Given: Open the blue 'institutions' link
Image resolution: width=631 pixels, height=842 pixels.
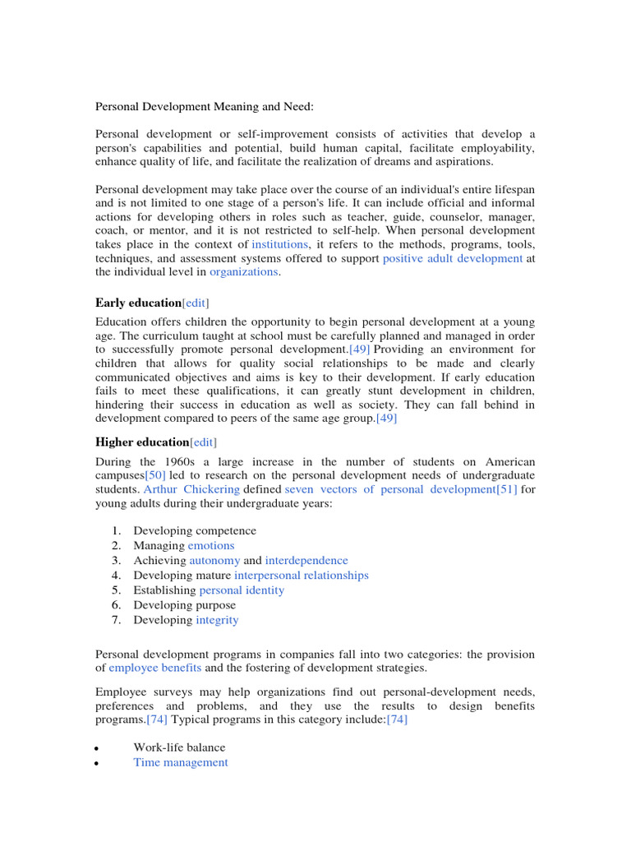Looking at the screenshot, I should coord(279,245).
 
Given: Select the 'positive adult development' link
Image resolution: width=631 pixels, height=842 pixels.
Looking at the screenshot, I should coord(453,258).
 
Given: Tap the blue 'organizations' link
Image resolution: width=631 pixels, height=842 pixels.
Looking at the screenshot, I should coord(244,271).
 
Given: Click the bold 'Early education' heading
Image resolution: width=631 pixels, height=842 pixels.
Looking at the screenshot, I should coord(138,303).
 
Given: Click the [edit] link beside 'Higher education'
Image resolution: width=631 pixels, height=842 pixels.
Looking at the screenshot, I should coord(205,442).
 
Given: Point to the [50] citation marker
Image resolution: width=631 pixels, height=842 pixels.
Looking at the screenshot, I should coord(155,475).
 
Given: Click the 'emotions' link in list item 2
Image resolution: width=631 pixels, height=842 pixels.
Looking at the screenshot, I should coord(211,546).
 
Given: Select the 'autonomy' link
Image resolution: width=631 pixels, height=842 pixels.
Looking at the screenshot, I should coord(214,561).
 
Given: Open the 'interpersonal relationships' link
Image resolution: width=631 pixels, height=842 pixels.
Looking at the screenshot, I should coord(302,576).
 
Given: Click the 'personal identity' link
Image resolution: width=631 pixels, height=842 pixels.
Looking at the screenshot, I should coord(242,590).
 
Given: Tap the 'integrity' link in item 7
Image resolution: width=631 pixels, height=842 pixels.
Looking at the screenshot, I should coord(217,620).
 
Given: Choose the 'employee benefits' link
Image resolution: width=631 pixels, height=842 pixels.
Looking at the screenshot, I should coord(155,668).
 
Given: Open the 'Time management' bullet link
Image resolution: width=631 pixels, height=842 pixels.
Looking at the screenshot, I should coord(181,762).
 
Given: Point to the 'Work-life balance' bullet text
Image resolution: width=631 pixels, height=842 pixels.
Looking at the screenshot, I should coord(179,747).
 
